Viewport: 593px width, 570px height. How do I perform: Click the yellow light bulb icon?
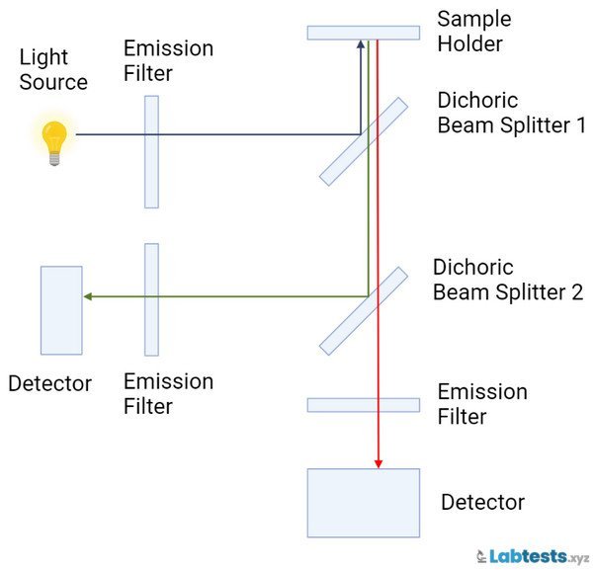(53, 140)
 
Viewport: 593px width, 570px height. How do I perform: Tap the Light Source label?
(53, 71)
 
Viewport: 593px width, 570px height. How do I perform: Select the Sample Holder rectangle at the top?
(363, 33)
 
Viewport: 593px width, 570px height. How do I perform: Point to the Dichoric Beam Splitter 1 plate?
(363, 141)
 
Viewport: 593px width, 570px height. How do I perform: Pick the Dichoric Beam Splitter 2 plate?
(363, 310)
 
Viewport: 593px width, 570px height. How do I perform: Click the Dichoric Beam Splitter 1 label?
(512, 114)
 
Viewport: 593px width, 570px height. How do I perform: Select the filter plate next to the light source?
(151, 152)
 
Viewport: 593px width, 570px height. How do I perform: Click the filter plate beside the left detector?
(151, 299)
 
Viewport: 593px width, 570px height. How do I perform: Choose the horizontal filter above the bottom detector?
(363, 404)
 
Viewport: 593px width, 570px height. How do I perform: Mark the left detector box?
(61, 310)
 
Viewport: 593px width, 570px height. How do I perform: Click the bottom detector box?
(363, 503)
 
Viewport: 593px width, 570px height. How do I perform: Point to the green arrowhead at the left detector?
(88, 295)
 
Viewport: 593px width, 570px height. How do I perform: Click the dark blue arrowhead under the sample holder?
(360, 44)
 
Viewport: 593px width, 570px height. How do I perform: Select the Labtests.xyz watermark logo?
(531, 556)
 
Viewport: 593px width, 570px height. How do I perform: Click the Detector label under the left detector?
(49, 383)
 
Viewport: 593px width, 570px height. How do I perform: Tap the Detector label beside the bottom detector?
(482, 503)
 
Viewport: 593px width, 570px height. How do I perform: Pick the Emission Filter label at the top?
(169, 60)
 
